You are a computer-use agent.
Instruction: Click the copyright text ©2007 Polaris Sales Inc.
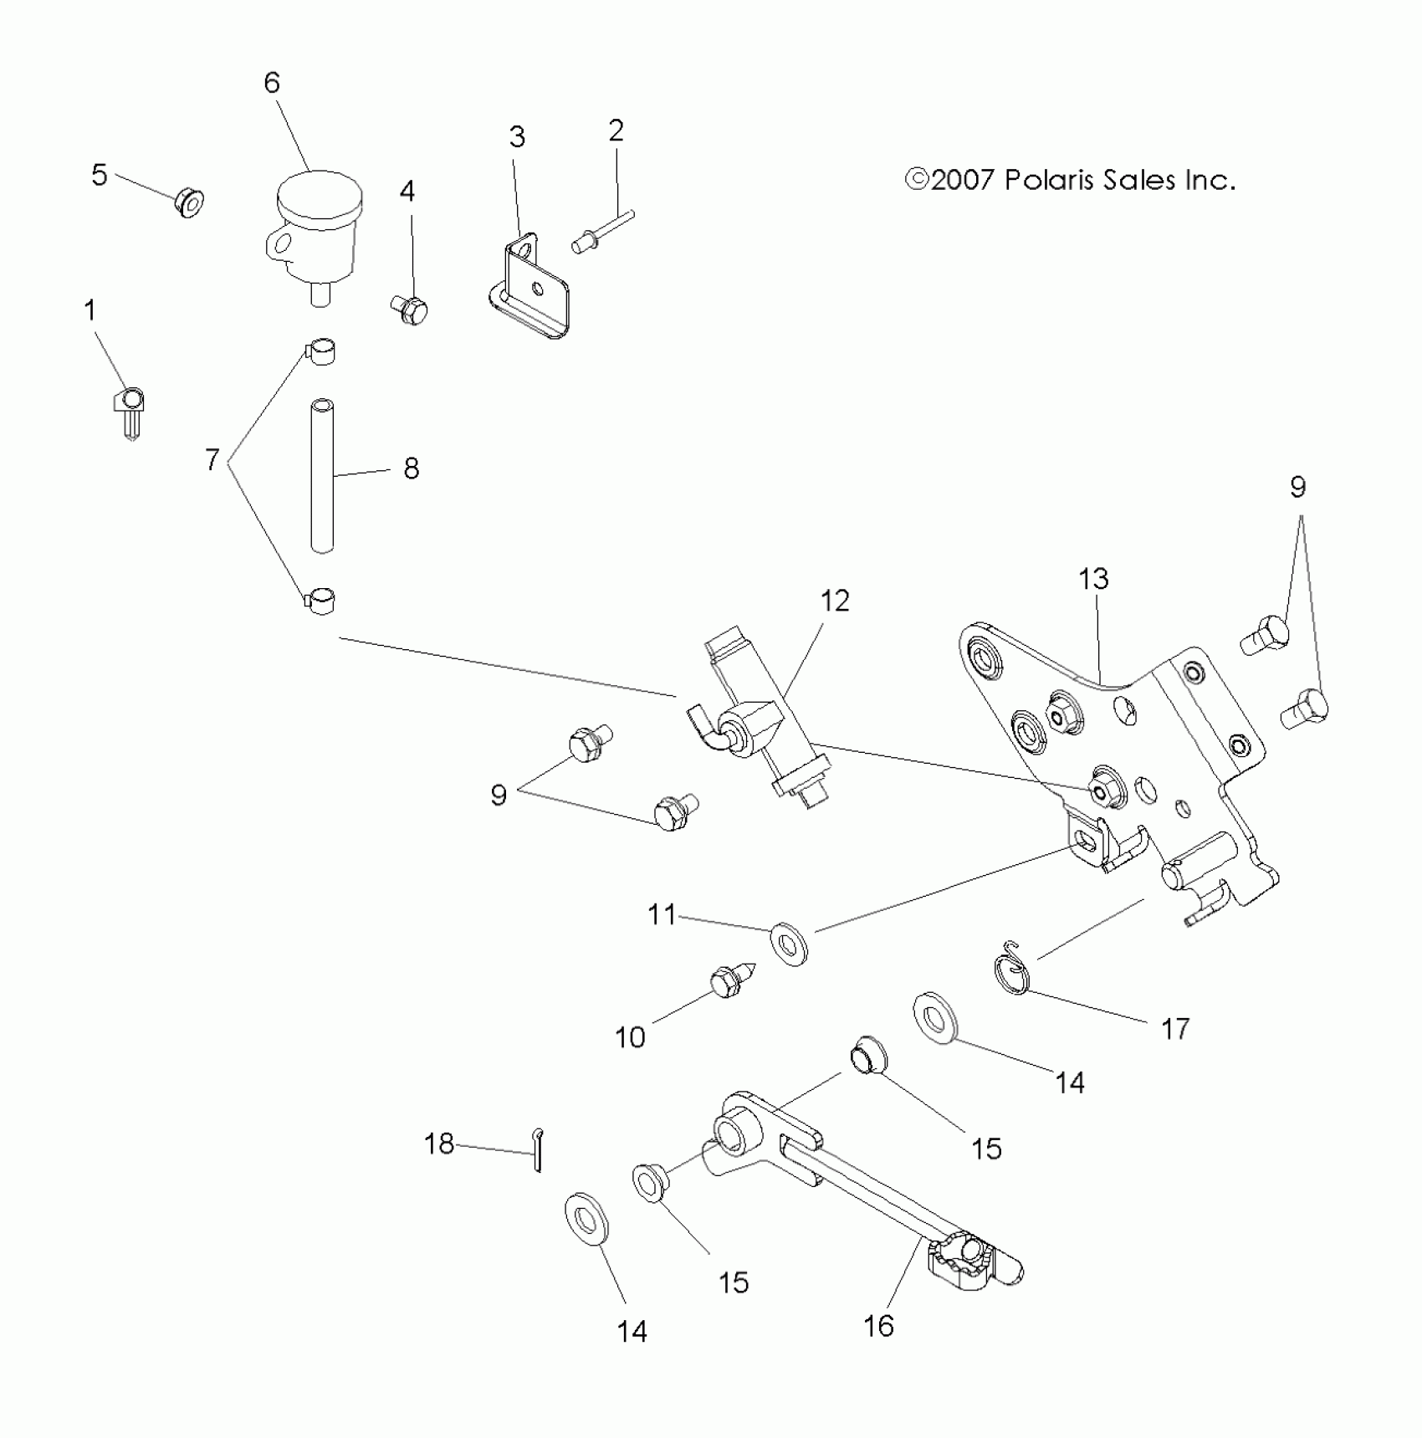point(1070,181)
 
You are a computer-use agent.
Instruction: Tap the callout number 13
point(1093,579)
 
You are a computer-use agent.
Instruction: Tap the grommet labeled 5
point(190,203)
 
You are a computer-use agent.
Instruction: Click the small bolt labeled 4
point(409,310)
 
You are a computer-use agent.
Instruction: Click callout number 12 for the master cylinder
point(835,601)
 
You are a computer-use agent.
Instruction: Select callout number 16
point(878,1326)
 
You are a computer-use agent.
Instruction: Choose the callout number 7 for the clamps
point(212,459)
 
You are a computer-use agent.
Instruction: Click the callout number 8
point(411,468)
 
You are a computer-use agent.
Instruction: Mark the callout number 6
point(272,82)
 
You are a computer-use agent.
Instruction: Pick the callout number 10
point(630,1038)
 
